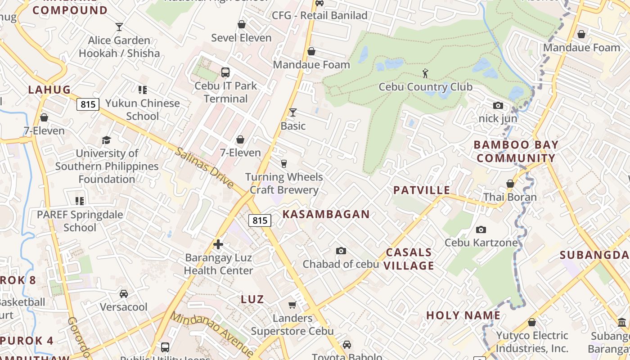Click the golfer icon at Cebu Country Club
pyautogui.click(x=425, y=73)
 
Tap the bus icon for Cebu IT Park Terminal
pyautogui.click(x=225, y=72)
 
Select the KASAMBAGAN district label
pyautogui.click(x=326, y=214)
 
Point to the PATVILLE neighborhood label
pyautogui.click(x=422, y=190)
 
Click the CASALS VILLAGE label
pyautogui.click(x=409, y=259)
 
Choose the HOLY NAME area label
pyautogui.click(x=463, y=315)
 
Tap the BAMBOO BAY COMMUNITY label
pyautogui.click(x=516, y=152)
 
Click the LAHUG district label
pyautogui.click(x=49, y=90)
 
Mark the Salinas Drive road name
pyautogui.click(x=205, y=168)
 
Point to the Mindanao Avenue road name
pyautogui.click(x=212, y=333)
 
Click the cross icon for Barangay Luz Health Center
pyautogui.click(x=218, y=244)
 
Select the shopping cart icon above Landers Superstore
pyautogui.click(x=292, y=305)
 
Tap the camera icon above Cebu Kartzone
pyautogui.click(x=481, y=229)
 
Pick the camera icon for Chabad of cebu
pyautogui.click(x=341, y=251)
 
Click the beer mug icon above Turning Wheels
pyautogui.click(x=283, y=163)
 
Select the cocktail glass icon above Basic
pyautogui.click(x=293, y=112)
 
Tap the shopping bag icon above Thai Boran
pyautogui.click(x=510, y=184)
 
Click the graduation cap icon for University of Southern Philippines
pyautogui.click(x=106, y=140)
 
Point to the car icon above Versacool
pyautogui.click(x=124, y=294)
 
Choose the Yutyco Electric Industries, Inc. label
pyautogui.click(x=532, y=342)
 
